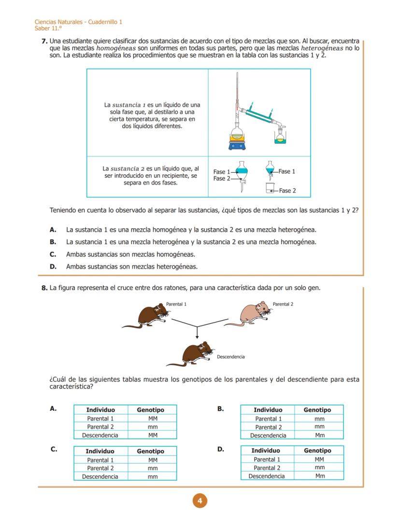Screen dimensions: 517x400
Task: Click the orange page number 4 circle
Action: click(x=200, y=501)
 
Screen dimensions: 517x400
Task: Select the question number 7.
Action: click(x=44, y=42)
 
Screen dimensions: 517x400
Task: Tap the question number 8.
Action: click(x=44, y=288)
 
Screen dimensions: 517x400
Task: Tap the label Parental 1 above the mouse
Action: click(x=176, y=304)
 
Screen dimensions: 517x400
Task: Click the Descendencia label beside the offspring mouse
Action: click(x=230, y=357)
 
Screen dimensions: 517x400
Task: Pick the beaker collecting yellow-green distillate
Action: click(x=280, y=138)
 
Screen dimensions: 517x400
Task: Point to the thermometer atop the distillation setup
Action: click(x=237, y=92)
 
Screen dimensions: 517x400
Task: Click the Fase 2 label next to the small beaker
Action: click(x=287, y=191)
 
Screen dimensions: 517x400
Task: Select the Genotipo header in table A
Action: click(x=150, y=410)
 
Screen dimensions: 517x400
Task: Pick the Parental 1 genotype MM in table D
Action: click(x=319, y=460)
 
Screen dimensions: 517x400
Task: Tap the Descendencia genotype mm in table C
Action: click(x=153, y=476)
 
